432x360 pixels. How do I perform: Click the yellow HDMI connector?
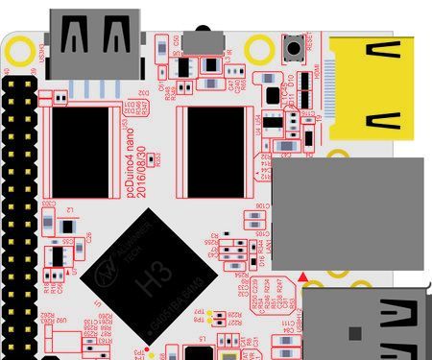tap(379, 91)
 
